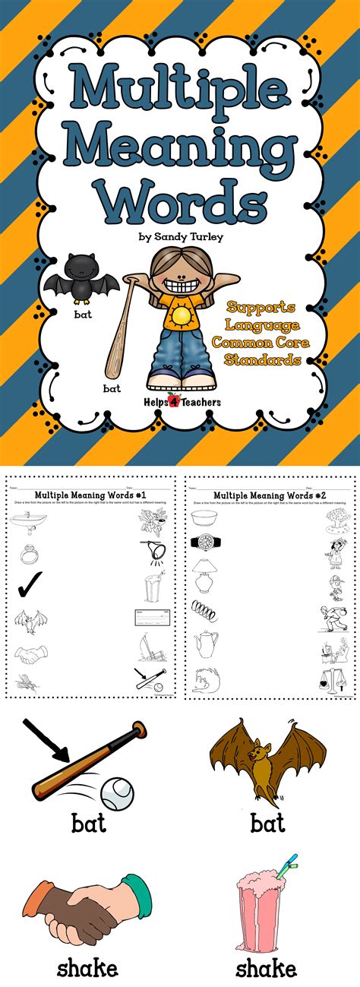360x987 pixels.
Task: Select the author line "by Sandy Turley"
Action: (180, 237)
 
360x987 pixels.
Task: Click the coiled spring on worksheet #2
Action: (204, 609)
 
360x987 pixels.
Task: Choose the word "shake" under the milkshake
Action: (266, 968)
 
